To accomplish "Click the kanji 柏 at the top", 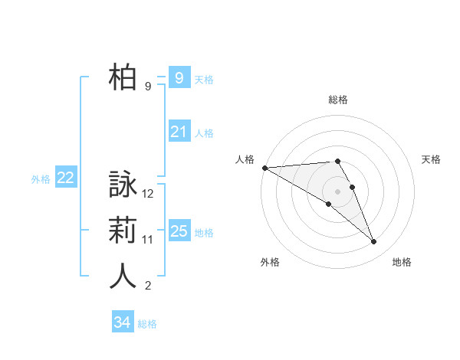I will tap(123, 77).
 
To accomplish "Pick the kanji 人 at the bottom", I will tap(123, 277).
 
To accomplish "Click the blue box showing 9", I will tap(179, 78).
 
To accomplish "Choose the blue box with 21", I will tap(179, 133).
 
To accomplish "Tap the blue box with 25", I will tap(179, 231).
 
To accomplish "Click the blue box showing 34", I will tap(122, 322).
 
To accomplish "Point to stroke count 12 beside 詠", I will tap(149, 194).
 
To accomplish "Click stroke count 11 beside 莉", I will tap(148, 240).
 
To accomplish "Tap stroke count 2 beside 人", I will tap(148, 286).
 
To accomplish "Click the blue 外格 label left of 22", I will tap(41, 179).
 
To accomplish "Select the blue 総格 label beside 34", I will tap(147, 324).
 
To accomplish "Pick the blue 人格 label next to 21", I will tap(204, 133).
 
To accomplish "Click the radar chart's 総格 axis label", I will tap(337, 100).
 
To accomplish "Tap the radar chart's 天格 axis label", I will tap(431, 159).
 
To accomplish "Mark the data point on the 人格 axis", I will tap(264, 168).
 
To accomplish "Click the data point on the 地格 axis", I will tap(374, 242).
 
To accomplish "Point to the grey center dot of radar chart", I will tap(337, 191).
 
